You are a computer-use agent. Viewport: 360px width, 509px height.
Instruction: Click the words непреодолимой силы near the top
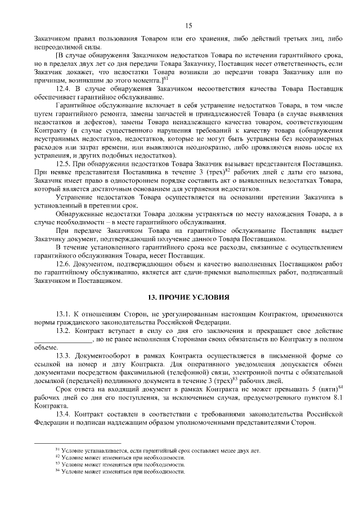pos(62,47)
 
